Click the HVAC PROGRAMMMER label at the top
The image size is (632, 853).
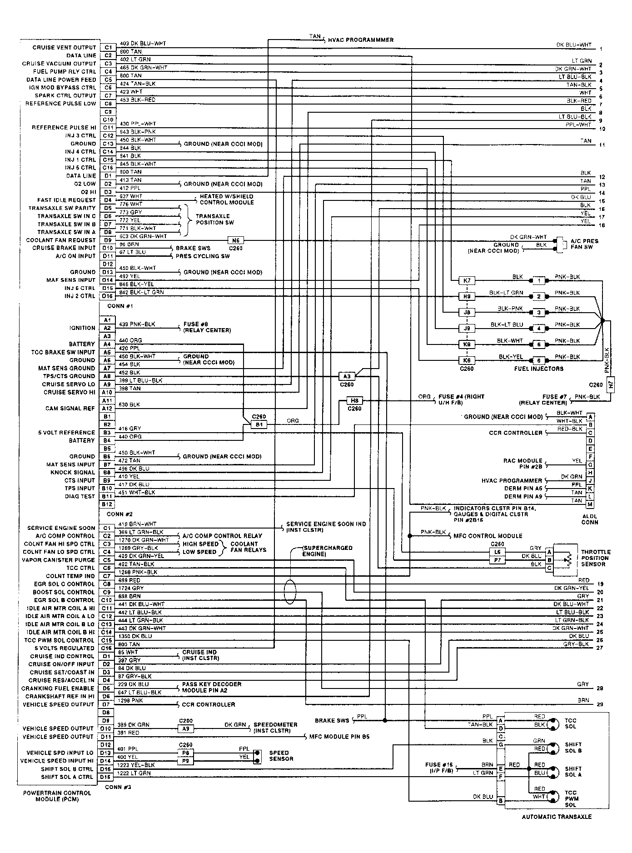tap(360, 40)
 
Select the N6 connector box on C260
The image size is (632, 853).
tap(235, 240)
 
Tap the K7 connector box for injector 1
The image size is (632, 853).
tap(467, 280)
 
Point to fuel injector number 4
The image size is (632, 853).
tap(539, 328)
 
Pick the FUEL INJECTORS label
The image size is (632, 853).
tap(538, 369)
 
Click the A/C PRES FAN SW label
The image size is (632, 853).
tap(584, 244)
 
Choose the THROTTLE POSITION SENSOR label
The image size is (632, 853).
tap(596, 558)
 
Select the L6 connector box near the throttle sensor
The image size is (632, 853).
tap(497, 552)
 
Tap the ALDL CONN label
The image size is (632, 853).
tap(590, 519)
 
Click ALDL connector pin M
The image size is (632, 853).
tap(590, 504)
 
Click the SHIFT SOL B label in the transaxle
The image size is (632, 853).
tap(573, 748)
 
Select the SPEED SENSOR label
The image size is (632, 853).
tap(281, 756)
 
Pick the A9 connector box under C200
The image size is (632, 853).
tap(185, 729)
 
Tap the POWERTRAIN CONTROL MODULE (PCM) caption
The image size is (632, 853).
tap(57, 796)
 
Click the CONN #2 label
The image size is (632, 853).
tap(119, 514)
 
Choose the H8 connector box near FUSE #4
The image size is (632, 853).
tap(354, 400)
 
